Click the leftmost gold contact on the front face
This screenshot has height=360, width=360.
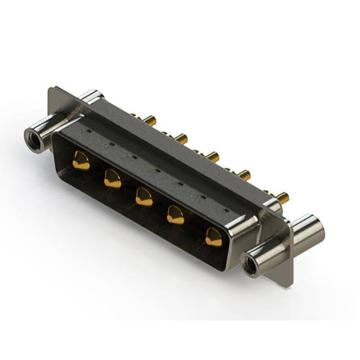point(81,161)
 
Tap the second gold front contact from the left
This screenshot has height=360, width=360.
point(112,179)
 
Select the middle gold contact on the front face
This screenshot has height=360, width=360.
point(144,197)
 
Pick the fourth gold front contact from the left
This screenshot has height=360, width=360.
point(176,215)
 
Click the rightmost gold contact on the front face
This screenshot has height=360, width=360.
point(213,237)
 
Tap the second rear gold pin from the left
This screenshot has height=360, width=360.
point(181,137)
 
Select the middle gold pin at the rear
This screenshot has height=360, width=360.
point(212,156)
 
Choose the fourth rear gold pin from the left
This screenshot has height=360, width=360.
point(244,175)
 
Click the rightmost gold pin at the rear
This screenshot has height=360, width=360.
point(282,197)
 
